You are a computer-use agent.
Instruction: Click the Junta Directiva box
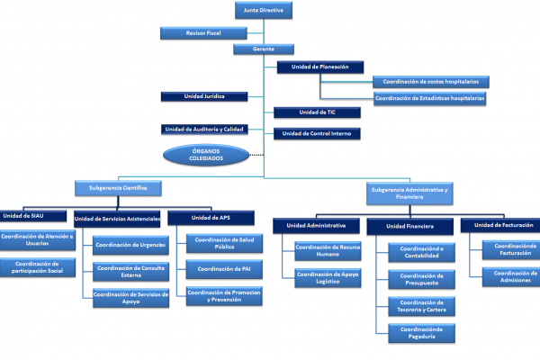tap(264, 10)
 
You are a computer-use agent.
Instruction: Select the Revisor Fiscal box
tap(203, 33)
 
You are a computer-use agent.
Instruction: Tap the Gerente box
tap(264, 49)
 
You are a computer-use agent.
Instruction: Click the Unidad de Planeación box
tap(319, 67)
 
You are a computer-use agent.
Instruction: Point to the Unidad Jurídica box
tap(204, 96)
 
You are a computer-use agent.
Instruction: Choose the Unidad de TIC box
tap(317, 112)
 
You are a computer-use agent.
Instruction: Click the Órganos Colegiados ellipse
tap(206, 155)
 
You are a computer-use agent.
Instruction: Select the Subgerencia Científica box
tap(118, 188)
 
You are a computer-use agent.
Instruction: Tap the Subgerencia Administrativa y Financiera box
tap(409, 193)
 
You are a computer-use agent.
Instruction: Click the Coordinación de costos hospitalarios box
tap(431, 82)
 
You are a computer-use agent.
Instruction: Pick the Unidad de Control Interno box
tap(317, 134)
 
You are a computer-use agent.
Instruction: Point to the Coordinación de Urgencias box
tap(130, 245)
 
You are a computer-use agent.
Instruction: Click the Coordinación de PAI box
tap(224, 269)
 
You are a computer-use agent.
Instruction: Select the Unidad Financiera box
tap(409, 226)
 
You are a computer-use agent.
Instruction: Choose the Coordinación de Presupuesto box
tap(421, 279)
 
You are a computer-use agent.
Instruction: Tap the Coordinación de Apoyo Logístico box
tap(328, 278)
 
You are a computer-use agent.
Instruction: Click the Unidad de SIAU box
tap(33, 216)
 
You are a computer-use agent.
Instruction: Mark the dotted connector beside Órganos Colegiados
tap(256, 155)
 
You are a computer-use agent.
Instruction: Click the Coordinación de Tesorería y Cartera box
tap(421, 306)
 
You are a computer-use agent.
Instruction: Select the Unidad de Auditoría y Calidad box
tap(204, 130)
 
